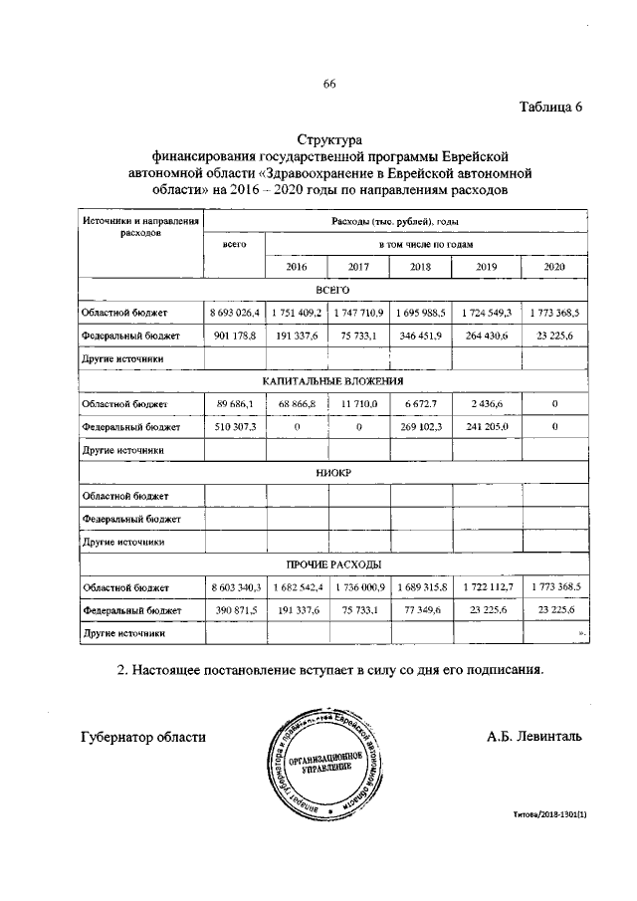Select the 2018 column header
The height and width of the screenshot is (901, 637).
tap(419, 267)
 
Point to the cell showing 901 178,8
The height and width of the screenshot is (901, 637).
tap(235, 336)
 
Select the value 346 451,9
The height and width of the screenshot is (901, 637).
tap(419, 336)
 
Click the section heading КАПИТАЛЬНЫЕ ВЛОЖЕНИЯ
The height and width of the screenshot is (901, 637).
tap(333, 380)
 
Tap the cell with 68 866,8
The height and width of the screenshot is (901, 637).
tap(297, 403)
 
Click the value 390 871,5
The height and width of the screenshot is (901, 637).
tap(235, 609)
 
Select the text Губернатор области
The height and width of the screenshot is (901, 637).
tap(143, 737)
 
